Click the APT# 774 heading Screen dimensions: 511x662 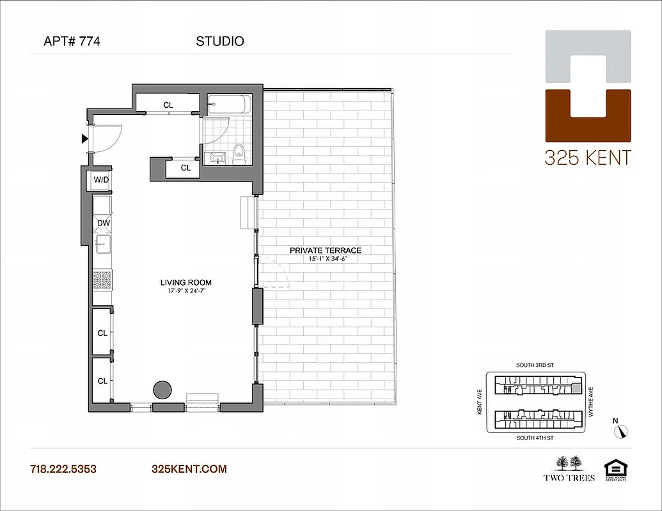click(x=72, y=42)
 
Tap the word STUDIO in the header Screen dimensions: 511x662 click(x=219, y=42)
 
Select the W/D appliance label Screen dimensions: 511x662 click(x=101, y=179)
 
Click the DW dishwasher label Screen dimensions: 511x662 click(x=102, y=223)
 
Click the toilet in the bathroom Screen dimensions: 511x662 click(x=240, y=153)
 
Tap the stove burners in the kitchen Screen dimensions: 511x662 click(x=102, y=279)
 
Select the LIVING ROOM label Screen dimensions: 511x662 click(x=185, y=282)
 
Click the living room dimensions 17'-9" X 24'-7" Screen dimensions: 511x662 click(x=185, y=291)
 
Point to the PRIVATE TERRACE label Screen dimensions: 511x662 click(x=325, y=250)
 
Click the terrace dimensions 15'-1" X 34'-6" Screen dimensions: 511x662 click(x=325, y=259)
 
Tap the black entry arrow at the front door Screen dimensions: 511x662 click(x=84, y=139)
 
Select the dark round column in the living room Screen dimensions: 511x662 click(x=162, y=389)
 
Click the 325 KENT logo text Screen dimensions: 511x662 click(x=587, y=157)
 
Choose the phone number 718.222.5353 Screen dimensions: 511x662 click(x=63, y=469)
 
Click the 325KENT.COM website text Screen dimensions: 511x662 click(x=189, y=469)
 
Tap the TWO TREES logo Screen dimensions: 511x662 click(x=569, y=468)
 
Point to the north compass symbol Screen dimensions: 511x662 click(x=620, y=431)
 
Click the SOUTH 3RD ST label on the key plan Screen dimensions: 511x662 click(x=535, y=365)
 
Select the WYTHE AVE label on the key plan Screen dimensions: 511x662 click(x=590, y=401)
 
